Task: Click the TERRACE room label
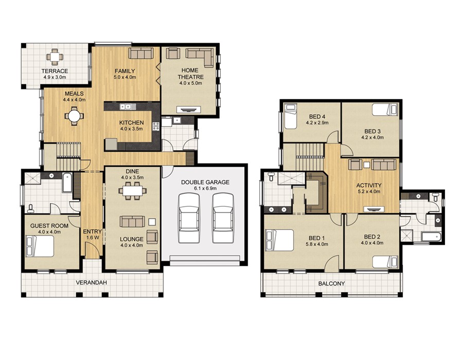(55, 71)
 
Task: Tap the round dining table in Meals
(75, 117)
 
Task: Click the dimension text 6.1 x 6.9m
(205, 189)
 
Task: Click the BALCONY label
(331, 283)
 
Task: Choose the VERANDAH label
(91, 283)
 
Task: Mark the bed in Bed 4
(291, 117)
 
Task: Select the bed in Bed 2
(385, 262)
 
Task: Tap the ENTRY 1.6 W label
(93, 235)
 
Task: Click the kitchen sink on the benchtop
(126, 107)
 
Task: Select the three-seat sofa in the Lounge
(132, 221)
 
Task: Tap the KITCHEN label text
(129, 123)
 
